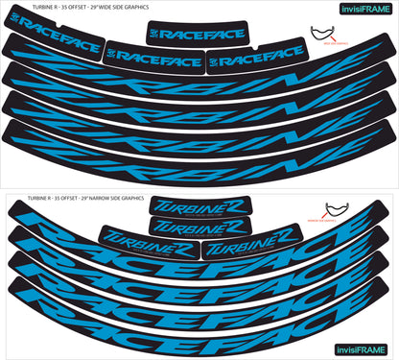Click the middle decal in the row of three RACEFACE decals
pos(153,57)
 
